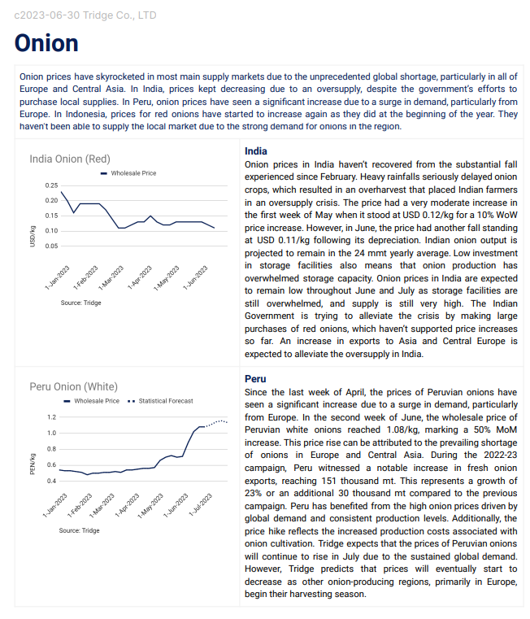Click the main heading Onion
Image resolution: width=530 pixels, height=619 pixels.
[x=46, y=43]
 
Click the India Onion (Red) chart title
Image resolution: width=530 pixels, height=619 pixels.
[x=70, y=159]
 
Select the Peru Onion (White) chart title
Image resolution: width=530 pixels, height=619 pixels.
[x=74, y=386]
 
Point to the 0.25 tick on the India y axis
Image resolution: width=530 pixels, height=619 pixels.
[x=51, y=185]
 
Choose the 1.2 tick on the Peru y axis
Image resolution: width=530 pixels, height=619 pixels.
[x=52, y=416]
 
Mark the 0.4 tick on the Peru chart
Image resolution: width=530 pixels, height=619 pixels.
[x=52, y=481]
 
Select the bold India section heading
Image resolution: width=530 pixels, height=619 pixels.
[x=256, y=151]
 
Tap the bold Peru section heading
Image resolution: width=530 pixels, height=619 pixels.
[x=256, y=379]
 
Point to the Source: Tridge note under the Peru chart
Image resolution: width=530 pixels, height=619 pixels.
[x=79, y=530]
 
